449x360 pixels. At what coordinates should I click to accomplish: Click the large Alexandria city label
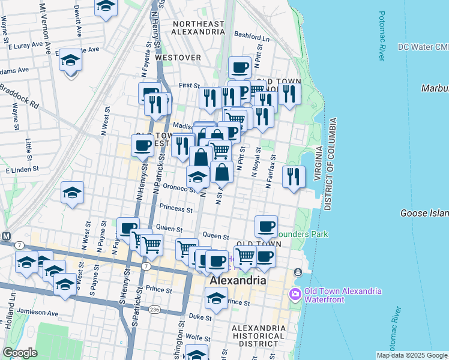[237, 281]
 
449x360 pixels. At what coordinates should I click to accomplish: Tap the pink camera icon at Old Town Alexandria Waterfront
[295, 293]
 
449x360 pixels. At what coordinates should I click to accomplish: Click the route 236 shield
[155, 309]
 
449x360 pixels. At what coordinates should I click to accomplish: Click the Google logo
[20, 352]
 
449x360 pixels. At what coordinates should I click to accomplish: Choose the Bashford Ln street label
[249, 34]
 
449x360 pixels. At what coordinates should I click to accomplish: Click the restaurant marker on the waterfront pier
[293, 176]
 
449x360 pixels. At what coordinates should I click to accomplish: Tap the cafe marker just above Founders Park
[266, 226]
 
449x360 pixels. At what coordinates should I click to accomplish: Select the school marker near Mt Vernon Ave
[70, 61]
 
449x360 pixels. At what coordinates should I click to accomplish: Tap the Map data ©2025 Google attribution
[412, 355]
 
